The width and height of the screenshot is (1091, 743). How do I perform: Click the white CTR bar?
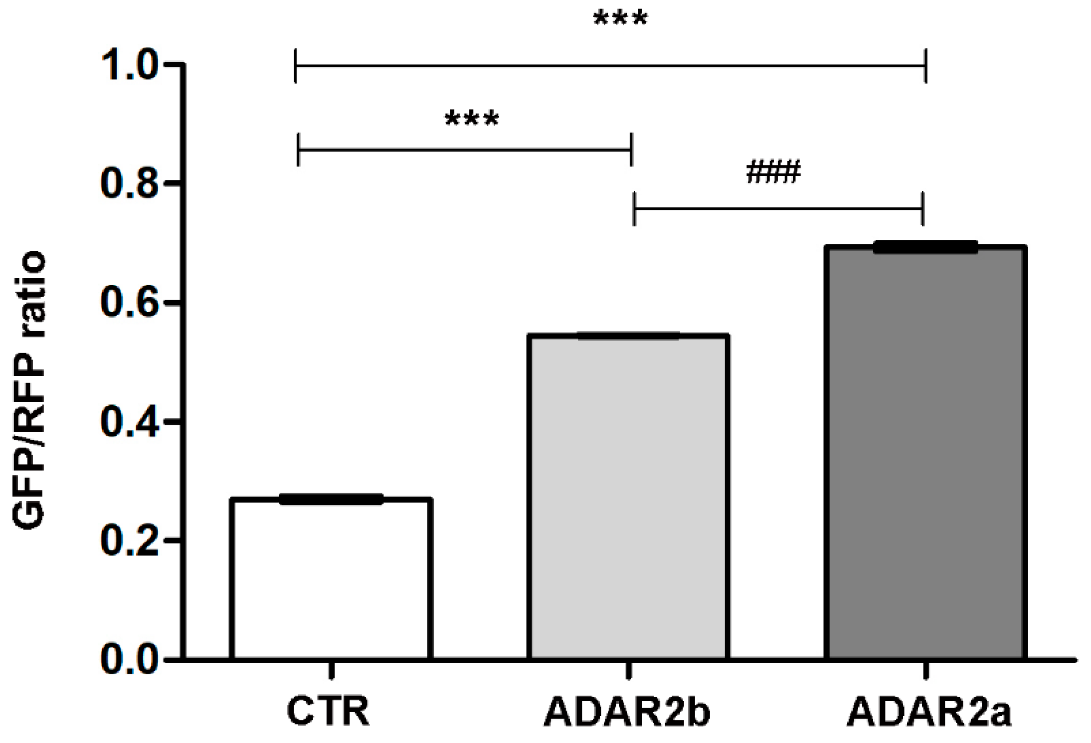332,578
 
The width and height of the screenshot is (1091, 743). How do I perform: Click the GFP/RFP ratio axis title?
28,391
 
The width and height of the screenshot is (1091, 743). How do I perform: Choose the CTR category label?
329,712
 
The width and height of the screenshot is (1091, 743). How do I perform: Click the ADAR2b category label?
627,713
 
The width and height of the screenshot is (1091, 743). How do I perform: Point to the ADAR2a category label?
929,713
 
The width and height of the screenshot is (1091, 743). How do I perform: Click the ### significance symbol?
773,173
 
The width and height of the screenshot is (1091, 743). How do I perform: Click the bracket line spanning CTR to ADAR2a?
610,65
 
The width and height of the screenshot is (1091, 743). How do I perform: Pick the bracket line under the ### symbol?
778,208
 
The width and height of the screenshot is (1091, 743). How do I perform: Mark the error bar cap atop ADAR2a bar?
925,247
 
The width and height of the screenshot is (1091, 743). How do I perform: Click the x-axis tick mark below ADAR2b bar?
629,670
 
